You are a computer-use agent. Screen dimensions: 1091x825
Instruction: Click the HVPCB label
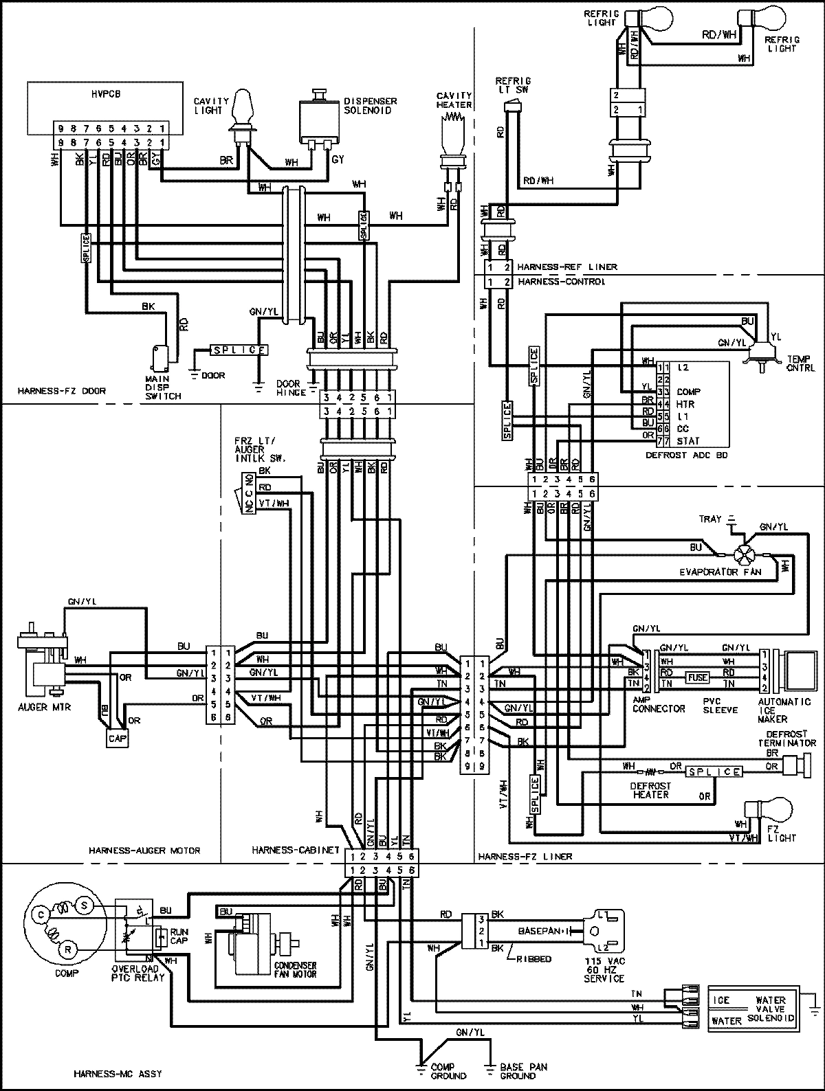pos(105,93)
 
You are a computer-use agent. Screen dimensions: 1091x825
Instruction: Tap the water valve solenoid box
pos(753,1007)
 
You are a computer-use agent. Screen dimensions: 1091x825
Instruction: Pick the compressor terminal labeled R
pos(70,949)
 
